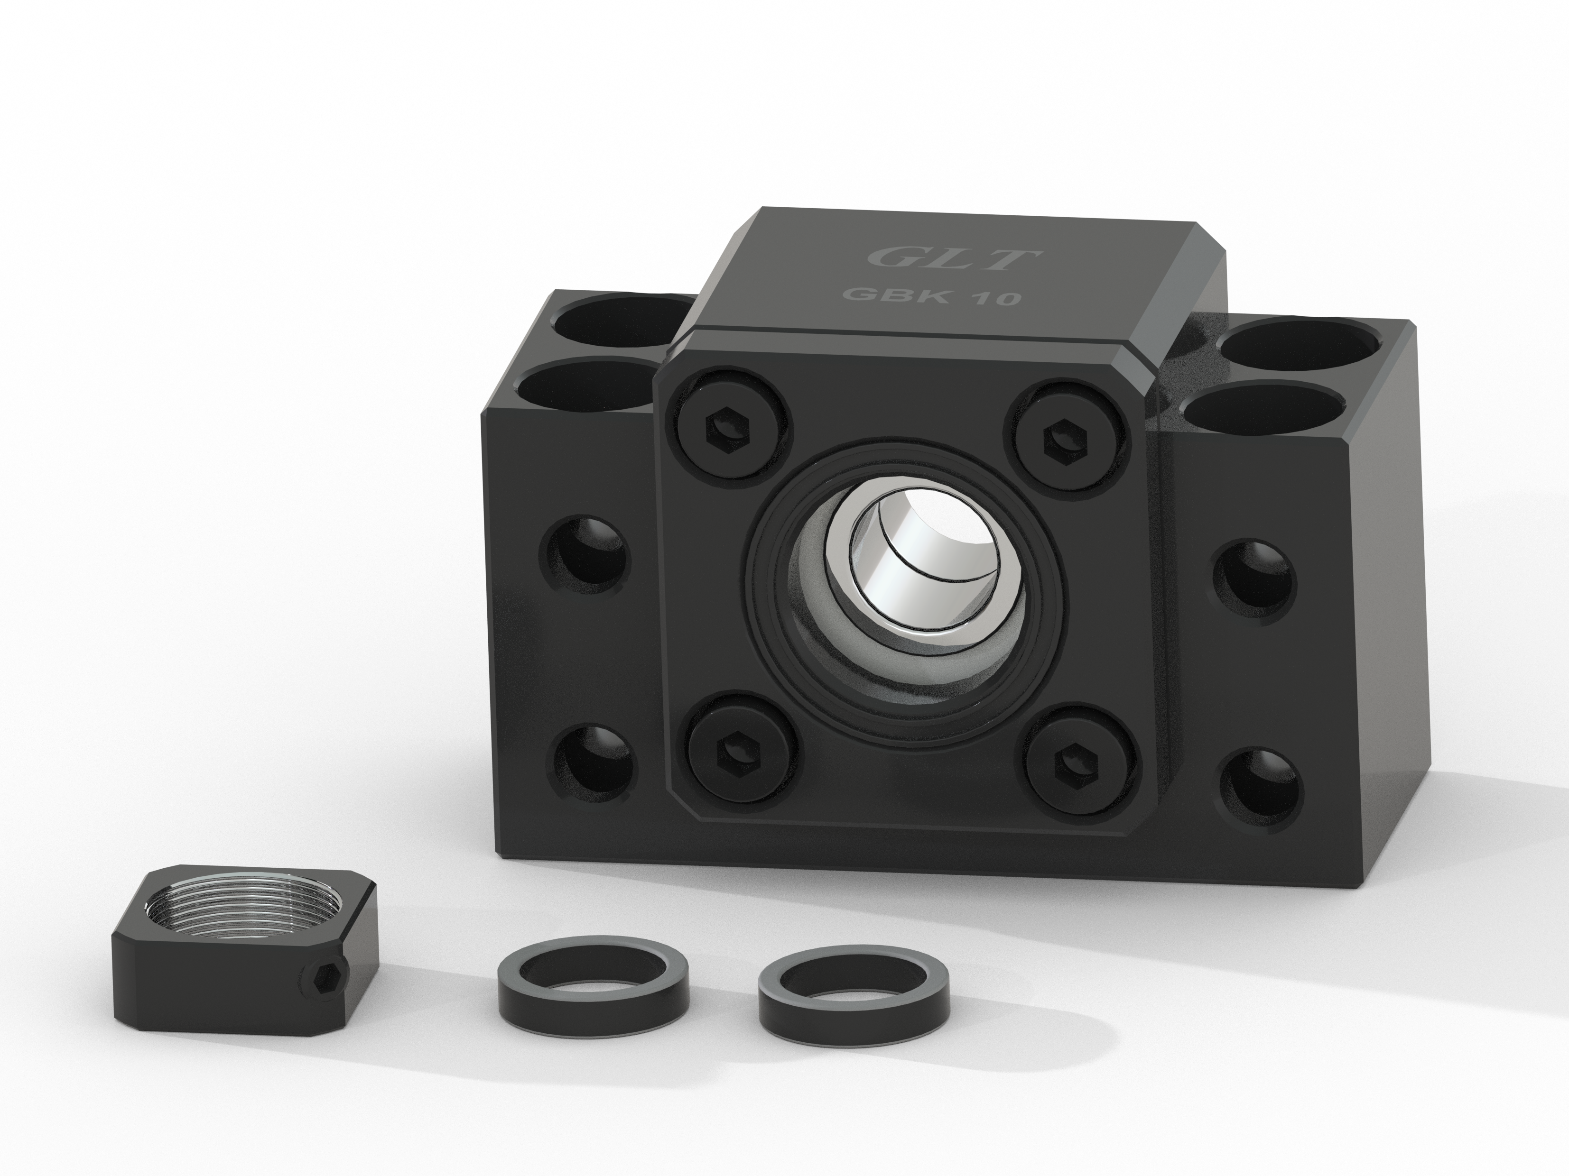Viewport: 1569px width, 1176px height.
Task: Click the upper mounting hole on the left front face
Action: [585, 553]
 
